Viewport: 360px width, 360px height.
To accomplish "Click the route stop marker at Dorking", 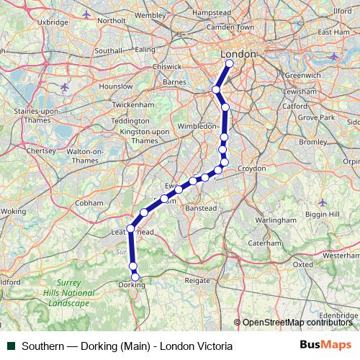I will tap(135, 276).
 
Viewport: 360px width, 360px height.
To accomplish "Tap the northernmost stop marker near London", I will tap(230, 63).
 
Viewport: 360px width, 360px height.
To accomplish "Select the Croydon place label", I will tap(252, 168).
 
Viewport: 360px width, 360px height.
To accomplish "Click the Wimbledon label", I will tap(197, 125).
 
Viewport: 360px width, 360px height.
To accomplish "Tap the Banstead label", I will tap(202, 207).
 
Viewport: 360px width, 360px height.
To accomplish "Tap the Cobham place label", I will tap(89, 203).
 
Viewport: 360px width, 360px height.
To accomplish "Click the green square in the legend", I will tap(11, 346).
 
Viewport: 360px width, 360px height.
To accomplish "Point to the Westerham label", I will tap(341, 256).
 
